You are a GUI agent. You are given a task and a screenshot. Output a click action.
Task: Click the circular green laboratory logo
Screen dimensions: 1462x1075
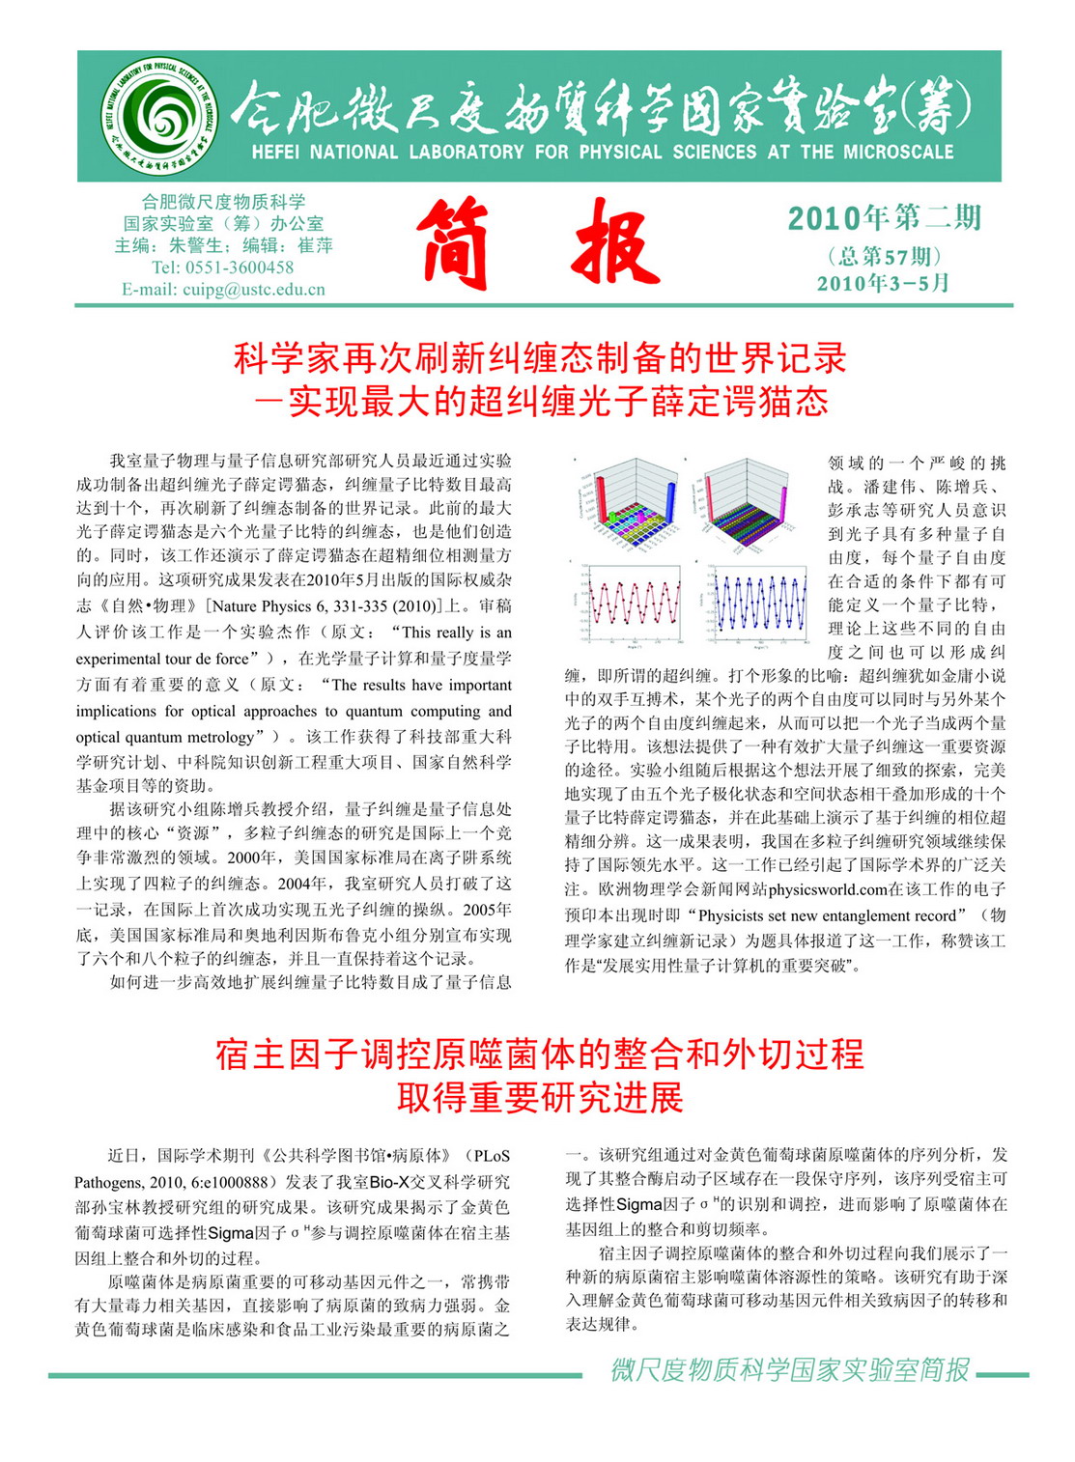[157, 116]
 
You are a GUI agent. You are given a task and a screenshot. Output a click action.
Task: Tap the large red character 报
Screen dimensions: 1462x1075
[615, 243]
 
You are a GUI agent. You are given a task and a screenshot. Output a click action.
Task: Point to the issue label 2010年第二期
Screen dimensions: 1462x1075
[884, 218]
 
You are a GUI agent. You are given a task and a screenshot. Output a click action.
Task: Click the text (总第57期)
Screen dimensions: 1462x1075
[884, 256]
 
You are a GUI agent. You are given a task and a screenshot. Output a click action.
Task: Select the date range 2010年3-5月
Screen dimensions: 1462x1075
[884, 283]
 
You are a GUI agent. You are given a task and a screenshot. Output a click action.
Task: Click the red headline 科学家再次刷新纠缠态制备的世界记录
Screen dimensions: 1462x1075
[539, 359]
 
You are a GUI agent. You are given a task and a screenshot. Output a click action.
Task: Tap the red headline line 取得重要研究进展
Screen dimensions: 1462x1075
[539, 1098]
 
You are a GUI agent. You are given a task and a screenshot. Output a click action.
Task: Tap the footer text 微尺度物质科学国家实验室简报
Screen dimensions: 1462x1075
[790, 1370]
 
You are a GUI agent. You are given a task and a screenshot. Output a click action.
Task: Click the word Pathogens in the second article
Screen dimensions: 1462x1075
[108, 1182]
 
